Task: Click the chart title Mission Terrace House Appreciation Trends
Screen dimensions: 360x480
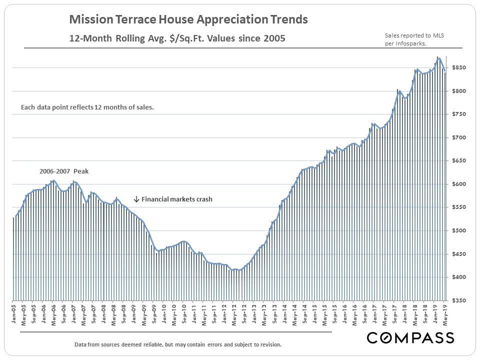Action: [188, 20]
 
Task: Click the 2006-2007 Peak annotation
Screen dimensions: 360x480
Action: [64, 171]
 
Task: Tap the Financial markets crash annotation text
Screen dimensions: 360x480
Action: [177, 199]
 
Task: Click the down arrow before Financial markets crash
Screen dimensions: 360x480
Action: [136, 199]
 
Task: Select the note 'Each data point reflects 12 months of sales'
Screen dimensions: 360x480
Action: [87, 107]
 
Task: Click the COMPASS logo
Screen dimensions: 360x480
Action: [410, 338]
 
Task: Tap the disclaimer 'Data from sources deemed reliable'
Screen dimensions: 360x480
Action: [177, 344]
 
